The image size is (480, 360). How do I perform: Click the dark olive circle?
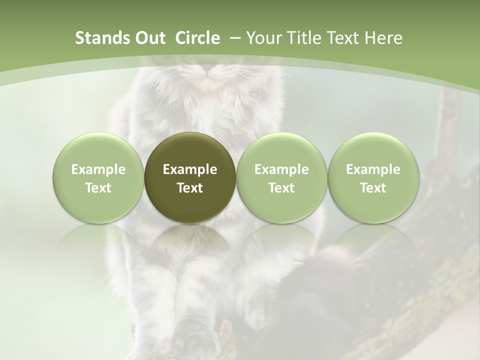click(190, 177)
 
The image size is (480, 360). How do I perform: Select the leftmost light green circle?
click(98, 177)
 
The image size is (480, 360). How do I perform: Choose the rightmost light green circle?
click(373, 177)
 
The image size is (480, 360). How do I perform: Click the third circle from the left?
click(281, 177)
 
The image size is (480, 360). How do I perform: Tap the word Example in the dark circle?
click(190, 169)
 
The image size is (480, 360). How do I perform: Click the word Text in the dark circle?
click(190, 188)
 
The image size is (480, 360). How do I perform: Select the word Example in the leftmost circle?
click(98, 169)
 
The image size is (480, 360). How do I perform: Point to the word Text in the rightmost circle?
click(373, 188)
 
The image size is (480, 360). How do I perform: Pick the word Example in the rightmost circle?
click(373, 169)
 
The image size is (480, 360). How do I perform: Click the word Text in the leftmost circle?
click(98, 188)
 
